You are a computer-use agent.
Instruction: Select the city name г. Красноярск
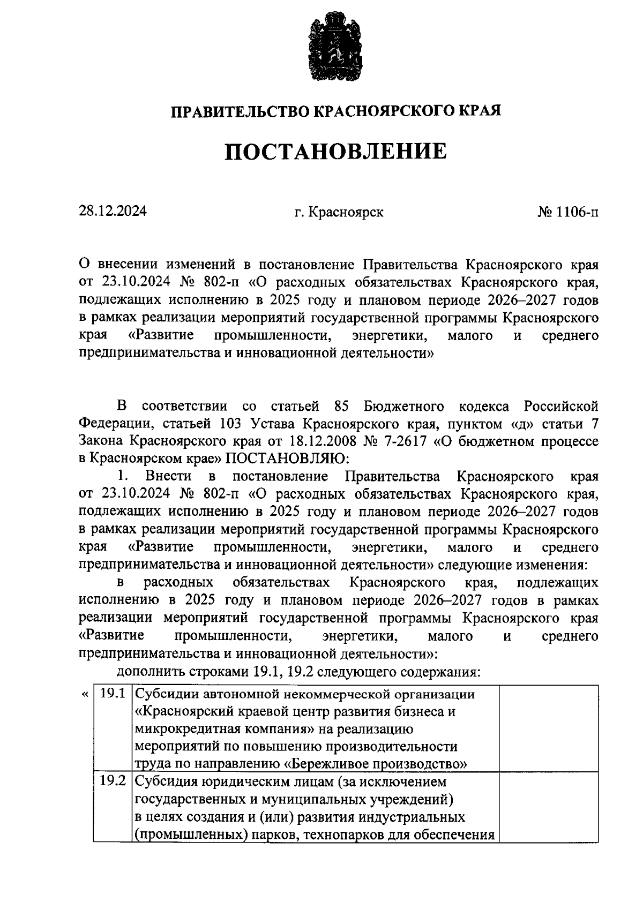coord(339,212)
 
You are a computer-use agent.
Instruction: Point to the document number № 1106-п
coord(568,212)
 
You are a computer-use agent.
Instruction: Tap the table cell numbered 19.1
coord(113,694)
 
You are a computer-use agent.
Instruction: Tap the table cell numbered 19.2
coord(113,782)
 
